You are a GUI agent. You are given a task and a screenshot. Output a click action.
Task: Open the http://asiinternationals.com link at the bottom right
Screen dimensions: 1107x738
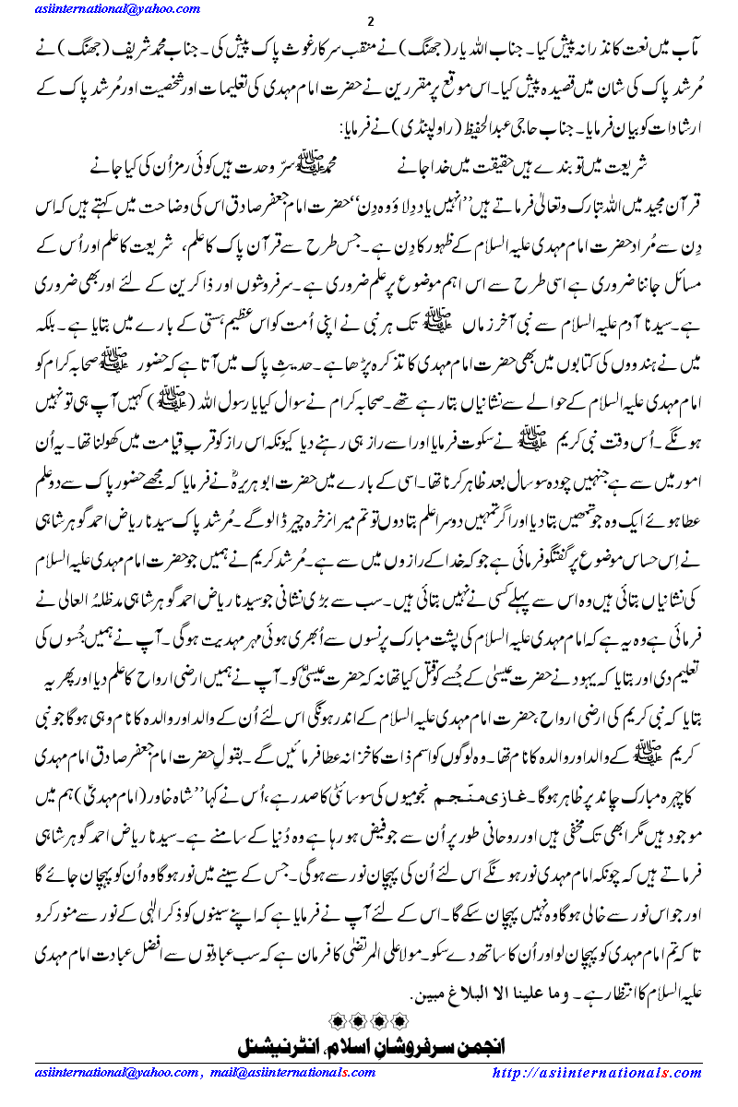598,1073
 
